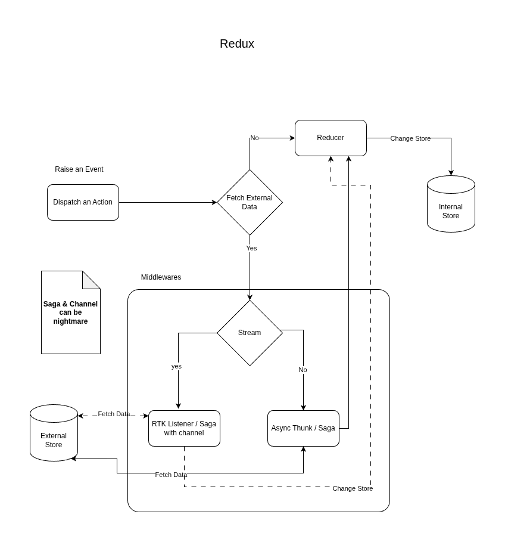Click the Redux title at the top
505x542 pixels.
(x=236, y=44)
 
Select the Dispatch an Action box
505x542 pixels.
(x=83, y=202)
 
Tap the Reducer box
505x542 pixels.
(x=331, y=138)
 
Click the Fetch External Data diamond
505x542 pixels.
(x=250, y=202)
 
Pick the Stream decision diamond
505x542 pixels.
(x=250, y=333)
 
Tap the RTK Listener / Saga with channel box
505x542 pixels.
(x=184, y=428)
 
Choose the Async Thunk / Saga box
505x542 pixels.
(x=303, y=428)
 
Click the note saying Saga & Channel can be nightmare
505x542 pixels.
(x=70, y=313)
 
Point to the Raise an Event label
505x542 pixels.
(x=79, y=169)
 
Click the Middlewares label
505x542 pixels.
(x=161, y=277)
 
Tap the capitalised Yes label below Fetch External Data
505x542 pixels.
(x=251, y=248)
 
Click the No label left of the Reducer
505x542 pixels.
(x=254, y=138)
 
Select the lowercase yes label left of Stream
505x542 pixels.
(x=176, y=366)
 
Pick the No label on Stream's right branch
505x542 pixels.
(x=303, y=370)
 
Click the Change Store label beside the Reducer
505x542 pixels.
(x=410, y=138)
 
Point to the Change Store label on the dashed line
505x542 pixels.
(x=353, y=488)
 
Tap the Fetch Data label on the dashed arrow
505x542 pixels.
(x=114, y=414)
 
